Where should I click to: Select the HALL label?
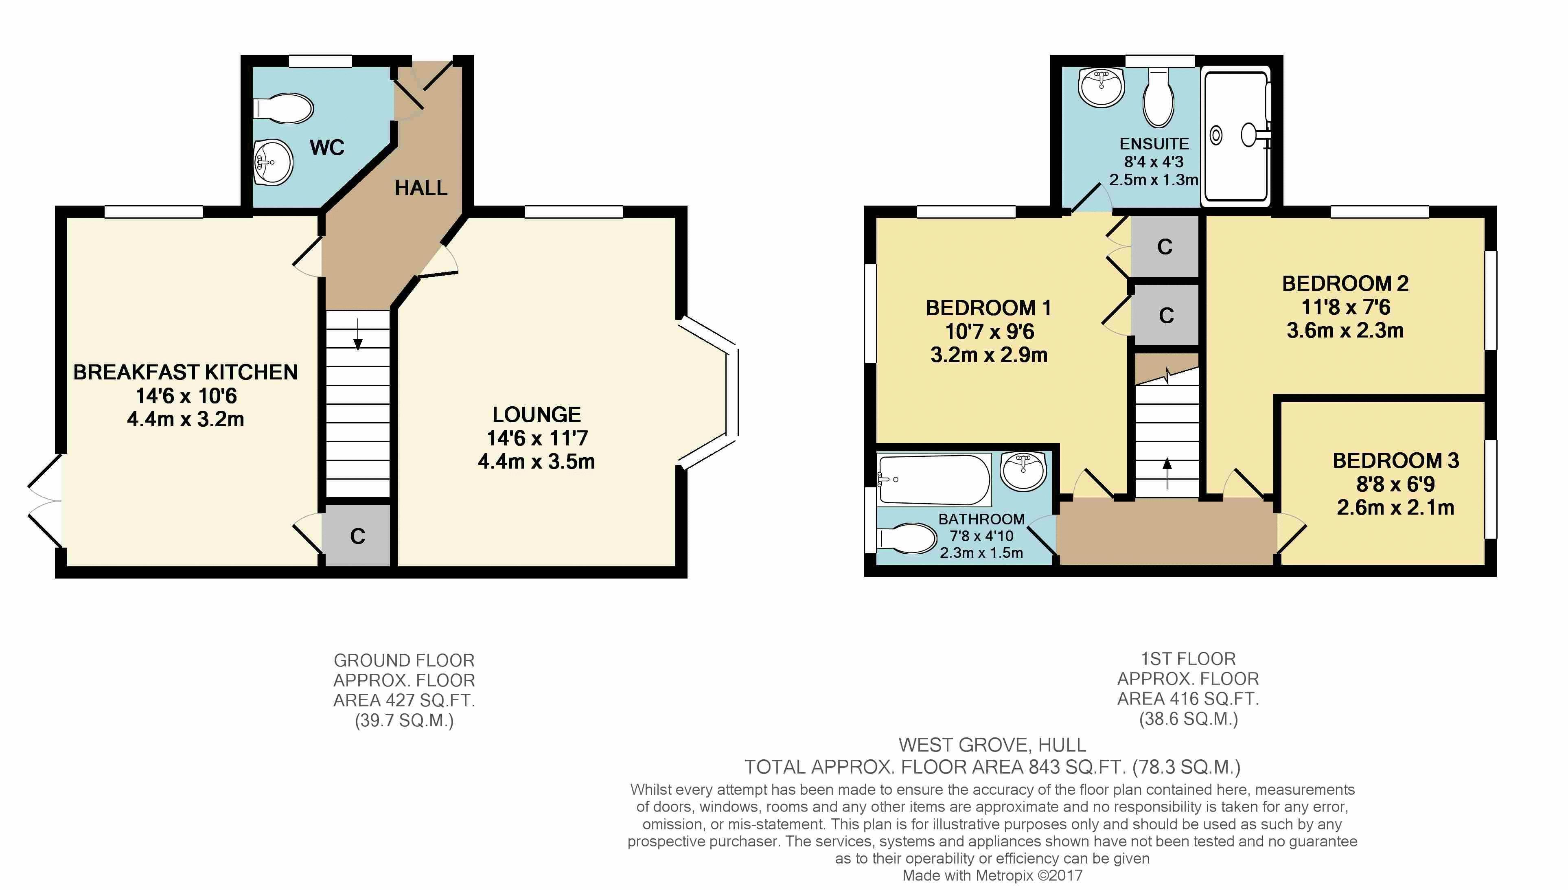[x=421, y=188]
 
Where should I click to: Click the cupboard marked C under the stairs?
[x=357, y=535]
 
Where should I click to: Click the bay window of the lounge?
[x=709, y=393]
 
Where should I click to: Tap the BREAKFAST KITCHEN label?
[x=185, y=372]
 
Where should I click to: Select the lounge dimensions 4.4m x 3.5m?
[x=537, y=462]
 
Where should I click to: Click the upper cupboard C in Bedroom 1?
[x=1165, y=246]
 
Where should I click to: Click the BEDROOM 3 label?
[x=1396, y=460]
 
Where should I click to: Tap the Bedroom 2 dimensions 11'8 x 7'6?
[x=1346, y=307]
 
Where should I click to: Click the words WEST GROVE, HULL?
[x=992, y=745]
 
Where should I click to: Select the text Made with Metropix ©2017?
[x=992, y=875]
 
